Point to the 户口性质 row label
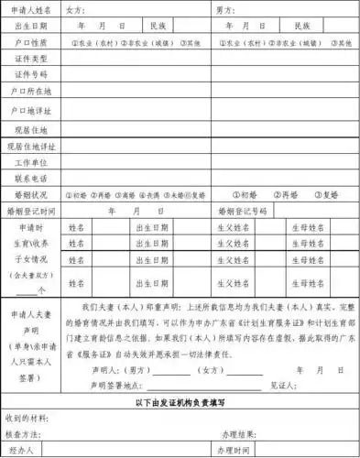point(31,42)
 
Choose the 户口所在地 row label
point(31,91)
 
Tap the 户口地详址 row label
point(31,109)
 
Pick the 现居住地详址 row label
point(31,145)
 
